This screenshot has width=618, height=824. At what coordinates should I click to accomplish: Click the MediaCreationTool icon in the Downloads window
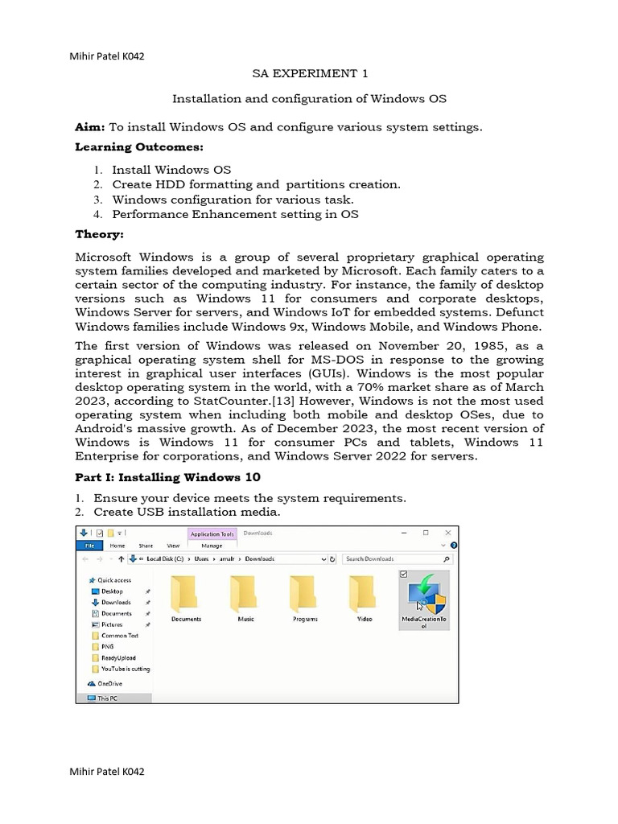point(424,597)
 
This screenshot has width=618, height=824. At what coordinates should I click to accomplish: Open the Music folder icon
point(245,596)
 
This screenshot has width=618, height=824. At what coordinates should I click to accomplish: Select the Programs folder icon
point(305,596)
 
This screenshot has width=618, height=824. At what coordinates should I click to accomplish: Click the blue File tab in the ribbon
point(89,546)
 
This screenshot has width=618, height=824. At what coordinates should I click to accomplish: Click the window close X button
point(447,533)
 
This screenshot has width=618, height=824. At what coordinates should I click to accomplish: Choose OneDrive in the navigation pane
point(109,684)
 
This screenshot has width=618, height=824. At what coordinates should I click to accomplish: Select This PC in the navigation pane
point(106,698)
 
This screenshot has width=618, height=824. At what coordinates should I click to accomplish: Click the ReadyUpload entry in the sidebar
point(117,657)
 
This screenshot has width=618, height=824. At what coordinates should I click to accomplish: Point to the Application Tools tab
point(212,533)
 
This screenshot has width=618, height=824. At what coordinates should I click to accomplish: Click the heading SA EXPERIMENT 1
point(310,74)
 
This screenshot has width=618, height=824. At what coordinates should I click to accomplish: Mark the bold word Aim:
point(90,127)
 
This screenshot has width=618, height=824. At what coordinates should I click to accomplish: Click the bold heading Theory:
point(100,234)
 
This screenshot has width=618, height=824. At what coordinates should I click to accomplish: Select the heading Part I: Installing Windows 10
point(167,477)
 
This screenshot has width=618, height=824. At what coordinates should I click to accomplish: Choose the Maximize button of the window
point(426,533)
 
